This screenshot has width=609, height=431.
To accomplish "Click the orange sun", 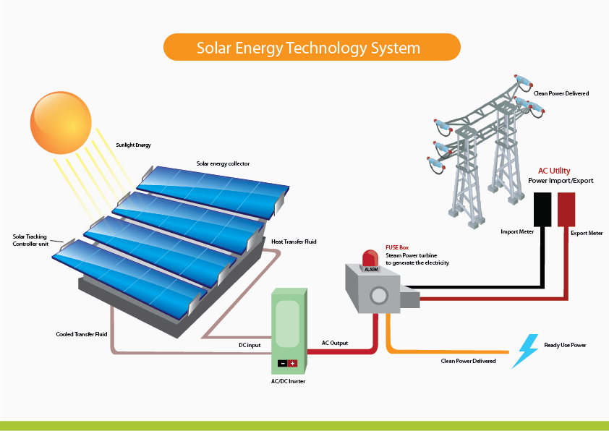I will click(61, 121).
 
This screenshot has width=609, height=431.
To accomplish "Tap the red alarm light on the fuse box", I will click(370, 258).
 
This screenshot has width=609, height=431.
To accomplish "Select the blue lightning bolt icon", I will click(526, 351).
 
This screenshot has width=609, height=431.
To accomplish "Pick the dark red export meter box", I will click(566, 210).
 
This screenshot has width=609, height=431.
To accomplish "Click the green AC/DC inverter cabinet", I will click(289, 325).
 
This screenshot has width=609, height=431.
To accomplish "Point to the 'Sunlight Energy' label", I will click(133, 145).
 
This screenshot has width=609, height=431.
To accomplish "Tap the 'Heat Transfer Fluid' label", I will click(294, 242).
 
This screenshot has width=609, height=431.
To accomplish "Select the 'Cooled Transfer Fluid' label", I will click(82, 334).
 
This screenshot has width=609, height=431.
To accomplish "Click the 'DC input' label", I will click(250, 345).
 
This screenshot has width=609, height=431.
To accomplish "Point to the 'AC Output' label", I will click(335, 342).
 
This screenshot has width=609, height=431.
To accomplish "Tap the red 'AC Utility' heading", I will click(555, 171).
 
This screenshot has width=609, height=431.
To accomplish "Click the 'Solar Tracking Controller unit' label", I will click(33, 240).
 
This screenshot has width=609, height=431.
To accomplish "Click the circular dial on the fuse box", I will click(378, 295).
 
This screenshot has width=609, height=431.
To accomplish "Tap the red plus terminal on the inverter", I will click(293, 364).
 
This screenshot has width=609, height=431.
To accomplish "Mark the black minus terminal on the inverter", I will click(283, 364).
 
